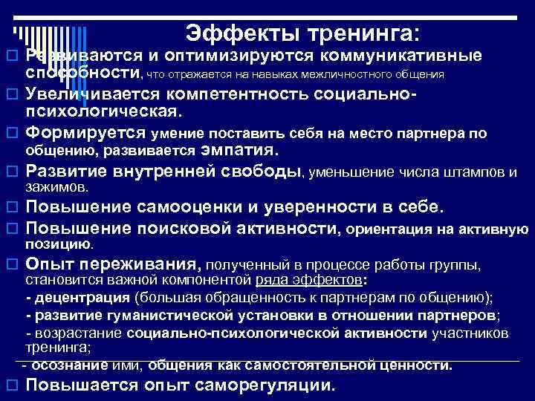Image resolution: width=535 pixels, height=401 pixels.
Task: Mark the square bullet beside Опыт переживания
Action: (11, 264)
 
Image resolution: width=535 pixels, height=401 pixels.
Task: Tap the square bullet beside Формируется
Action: (11, 133)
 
